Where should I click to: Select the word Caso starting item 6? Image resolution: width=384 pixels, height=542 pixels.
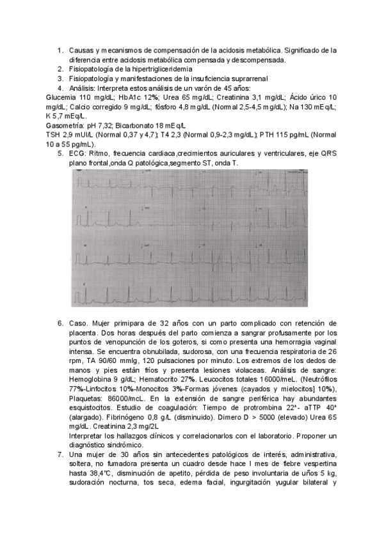click(x=79, y=324)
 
